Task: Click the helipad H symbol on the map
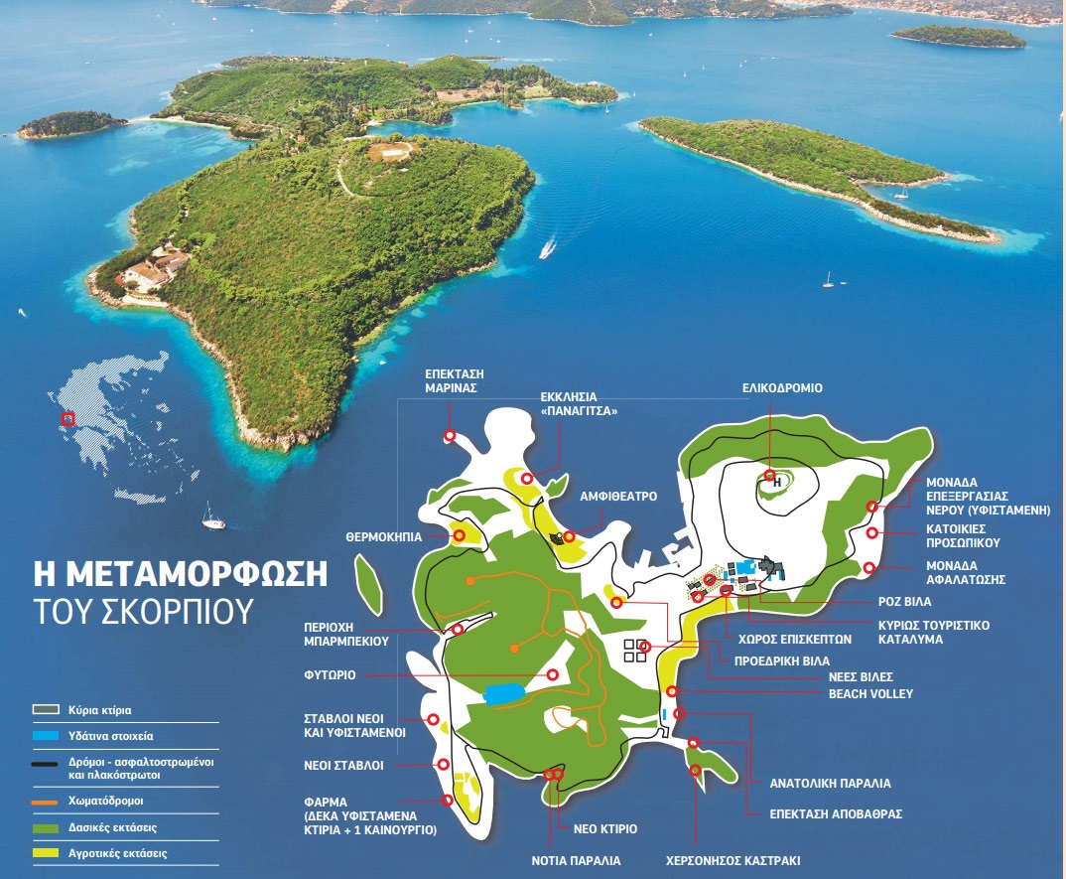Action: click(x=777, y=482)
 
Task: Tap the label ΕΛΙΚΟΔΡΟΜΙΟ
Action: click(x=782, y=388)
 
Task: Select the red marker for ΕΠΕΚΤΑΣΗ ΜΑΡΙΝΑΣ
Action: click(x=450, y=436)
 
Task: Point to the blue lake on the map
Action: click(x=505, y=692)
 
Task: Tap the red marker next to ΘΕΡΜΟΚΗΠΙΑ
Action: click(x=461, y=536)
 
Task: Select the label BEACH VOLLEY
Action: click(x=871, y=693)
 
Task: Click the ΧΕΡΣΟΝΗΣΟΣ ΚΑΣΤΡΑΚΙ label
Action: click(x=733, y=861)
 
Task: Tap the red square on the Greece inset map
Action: click(x=67, y=419)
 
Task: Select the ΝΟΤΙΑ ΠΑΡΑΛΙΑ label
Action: click(x=577, y=861)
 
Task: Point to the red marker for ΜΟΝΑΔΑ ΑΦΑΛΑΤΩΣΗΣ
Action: click(x=869, y=568)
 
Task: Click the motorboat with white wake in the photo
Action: click(x=547, y=247)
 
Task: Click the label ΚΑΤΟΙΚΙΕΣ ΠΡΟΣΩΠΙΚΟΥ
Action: click(x=962, y=536)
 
